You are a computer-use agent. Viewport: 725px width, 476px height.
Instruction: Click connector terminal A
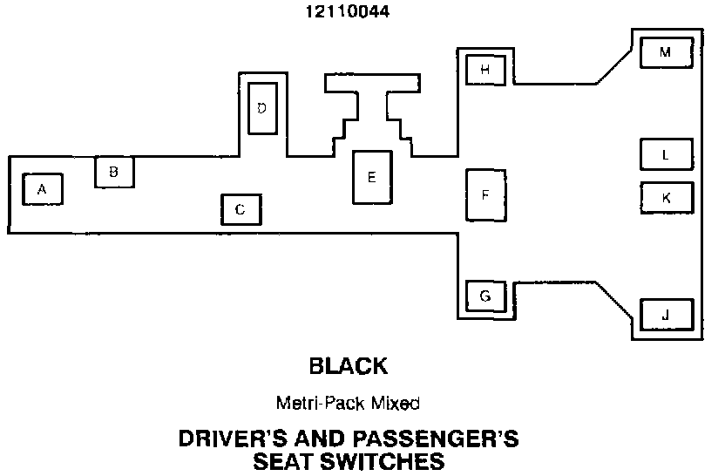(x=42, y=189)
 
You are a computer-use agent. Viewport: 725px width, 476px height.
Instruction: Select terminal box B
(x=114, y=172)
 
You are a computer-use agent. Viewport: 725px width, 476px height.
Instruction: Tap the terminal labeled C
(x=241, y=209)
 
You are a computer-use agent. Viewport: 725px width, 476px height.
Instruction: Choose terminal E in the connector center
(x=372, y=177)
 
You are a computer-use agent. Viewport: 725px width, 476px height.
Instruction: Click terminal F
(x=485, y=194)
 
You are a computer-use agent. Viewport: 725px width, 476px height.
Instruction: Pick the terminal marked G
(x=485, y=296)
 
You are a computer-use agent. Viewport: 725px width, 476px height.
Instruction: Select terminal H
(x=486, y=69)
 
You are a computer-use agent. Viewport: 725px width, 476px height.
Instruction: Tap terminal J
(x=667, y=314)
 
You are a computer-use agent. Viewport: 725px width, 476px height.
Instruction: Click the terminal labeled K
(x=667, y=197)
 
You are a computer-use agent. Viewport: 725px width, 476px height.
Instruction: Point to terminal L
(x=666, y=155)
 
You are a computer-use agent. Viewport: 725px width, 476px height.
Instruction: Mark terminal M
(x=666, y=52)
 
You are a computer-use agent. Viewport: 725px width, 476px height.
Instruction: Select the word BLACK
(x=348, y=365)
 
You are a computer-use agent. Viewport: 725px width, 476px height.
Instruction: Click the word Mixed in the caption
(x=400, y=404)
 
